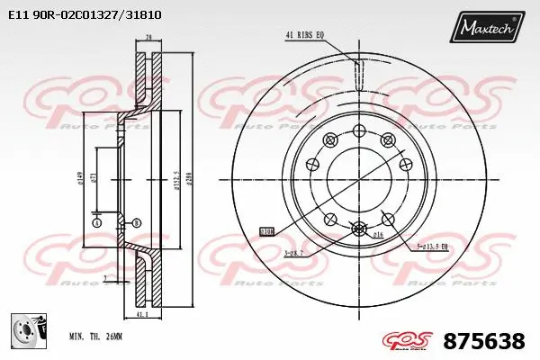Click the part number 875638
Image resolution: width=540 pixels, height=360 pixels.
point(484,341)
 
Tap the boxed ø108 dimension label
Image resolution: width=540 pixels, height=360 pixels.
point(267,230)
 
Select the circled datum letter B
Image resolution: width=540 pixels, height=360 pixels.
point(136,222)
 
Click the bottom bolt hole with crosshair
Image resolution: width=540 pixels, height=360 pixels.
point(358,229)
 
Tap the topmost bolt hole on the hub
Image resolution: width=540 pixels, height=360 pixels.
point(358,130)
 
